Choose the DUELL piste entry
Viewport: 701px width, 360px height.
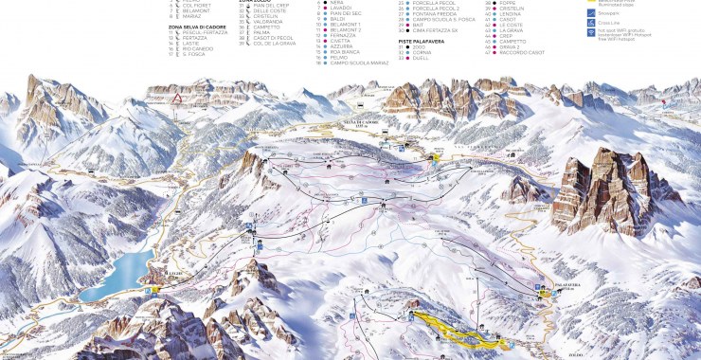pyautogui.click(x=422, y=58)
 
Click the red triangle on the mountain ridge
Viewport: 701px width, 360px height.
pyautogui.click(x=174, y=97)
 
